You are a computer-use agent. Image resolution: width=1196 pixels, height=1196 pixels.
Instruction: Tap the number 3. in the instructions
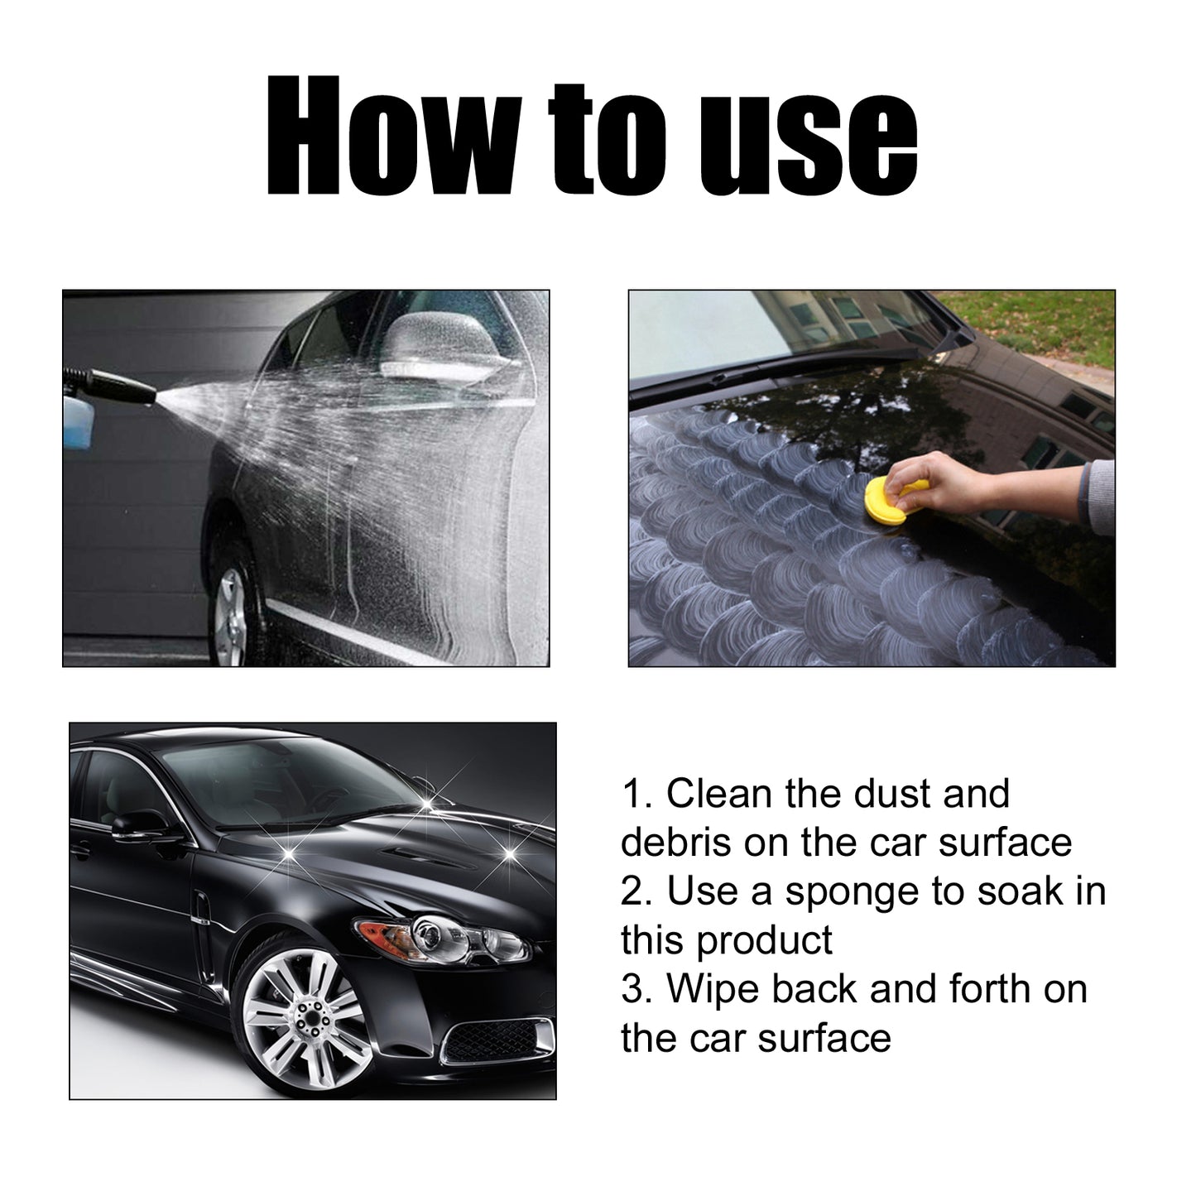[x=637, y=989]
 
